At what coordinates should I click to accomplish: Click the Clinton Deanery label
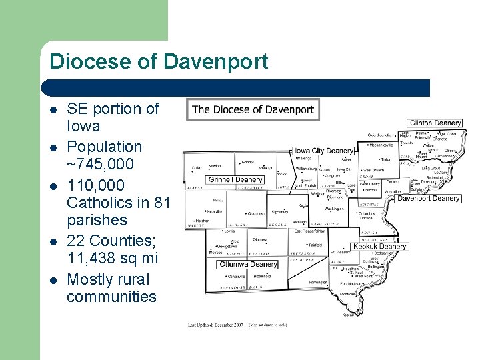pyautogui.click(x=435, y=123)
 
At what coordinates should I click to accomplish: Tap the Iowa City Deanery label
pyautogui.click(x=323, y=151)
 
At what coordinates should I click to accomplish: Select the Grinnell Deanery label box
pyautogui.click(x=236, y=180)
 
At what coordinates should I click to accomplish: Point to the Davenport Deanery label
pyautogui.click(x=429, y=198)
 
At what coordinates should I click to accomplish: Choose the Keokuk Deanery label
pyautogui.click(x=379, y=247)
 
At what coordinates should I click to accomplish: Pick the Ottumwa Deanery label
pyautogui.click(x=247, y=265)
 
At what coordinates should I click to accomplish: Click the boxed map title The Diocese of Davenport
pyautogui.click(x=253, y=109)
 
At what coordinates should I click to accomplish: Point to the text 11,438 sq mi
pyautogui.click(x=112, y=258)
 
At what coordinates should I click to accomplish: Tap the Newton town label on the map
pyautogui.click(x=215, y=166)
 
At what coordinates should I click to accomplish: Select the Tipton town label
pyautogui.click(x=386, y=159)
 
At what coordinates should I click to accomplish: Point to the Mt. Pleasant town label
pyautogui.click(x=341, y=253)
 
